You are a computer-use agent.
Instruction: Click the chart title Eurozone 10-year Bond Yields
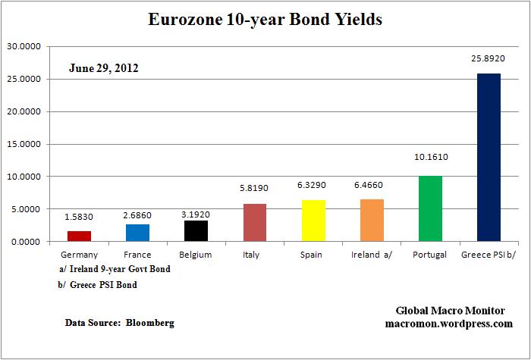coord(265,20)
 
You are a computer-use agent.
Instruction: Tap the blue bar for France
coord(137,233)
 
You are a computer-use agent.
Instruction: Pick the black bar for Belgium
coord(196,230)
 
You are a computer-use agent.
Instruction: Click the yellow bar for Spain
coord(313,221)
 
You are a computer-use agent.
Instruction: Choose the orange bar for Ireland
coord(372,220)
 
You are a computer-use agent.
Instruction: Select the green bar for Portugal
coord(430,208)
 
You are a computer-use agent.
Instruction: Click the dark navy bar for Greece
coord(489,157)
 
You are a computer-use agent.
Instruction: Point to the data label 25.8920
coord(489,58)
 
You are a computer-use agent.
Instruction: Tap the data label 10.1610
coord(430,161)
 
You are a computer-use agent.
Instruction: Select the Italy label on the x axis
coord(255,255)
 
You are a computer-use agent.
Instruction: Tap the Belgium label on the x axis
coord(196,255)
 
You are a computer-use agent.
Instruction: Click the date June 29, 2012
coord(103,68)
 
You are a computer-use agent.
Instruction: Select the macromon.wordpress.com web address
coord(450,324)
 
